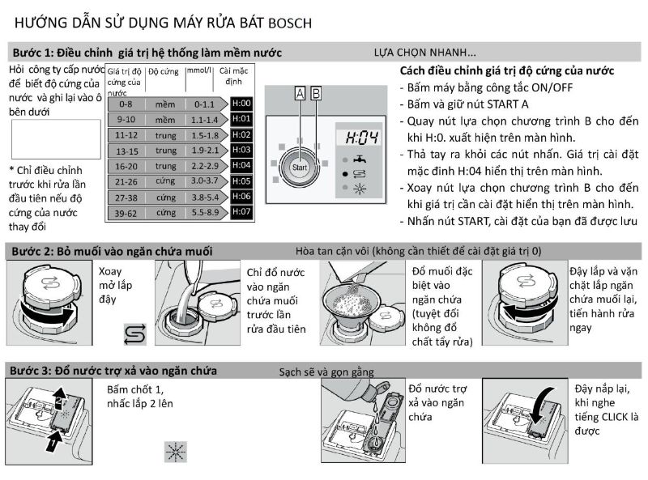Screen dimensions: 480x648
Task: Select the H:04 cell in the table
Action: [x=241, y=165]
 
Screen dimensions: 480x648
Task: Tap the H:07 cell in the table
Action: [x=241, y=211]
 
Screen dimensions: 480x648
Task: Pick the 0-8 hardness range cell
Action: [x=125, y=104]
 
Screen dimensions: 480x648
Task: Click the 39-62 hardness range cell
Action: [x=126, y=212]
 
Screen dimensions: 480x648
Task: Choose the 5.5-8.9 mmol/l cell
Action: [x=205, y=212]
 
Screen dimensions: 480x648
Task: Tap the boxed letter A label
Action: [x=300, y=94]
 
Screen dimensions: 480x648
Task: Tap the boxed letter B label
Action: [x=316, y=94]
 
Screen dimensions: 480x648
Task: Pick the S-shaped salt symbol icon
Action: [x=134, y=333]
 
